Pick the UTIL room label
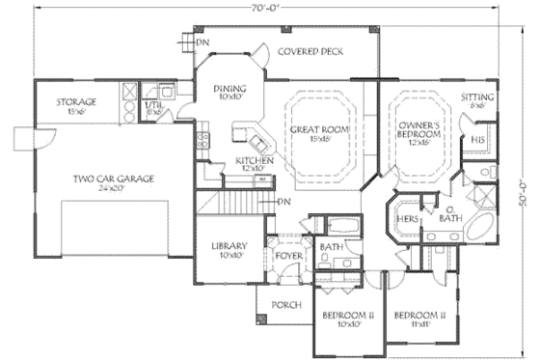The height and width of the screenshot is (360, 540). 153,106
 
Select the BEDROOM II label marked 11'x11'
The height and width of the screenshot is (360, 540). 416,319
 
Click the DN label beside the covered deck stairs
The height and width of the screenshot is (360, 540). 202,43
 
